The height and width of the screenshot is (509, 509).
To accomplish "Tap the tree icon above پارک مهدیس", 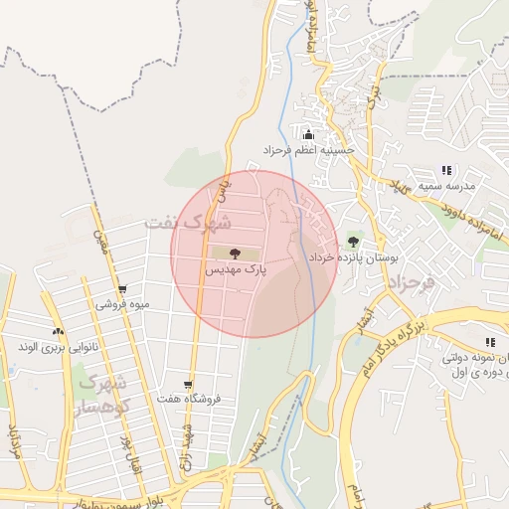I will click(235, 254).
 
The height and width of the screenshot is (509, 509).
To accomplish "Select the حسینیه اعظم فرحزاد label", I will click(308, 149).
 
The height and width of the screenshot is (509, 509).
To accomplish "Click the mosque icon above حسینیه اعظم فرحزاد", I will click(308, 134).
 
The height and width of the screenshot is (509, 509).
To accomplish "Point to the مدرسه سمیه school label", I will click(447, 186).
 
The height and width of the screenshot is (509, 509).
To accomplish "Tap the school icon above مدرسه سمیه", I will click(447, 171).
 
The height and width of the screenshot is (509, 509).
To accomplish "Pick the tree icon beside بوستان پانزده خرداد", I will click(354, 243).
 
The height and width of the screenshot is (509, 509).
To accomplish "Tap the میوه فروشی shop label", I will click(122, 305).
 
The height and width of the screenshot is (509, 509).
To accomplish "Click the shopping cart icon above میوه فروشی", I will click(122, 290).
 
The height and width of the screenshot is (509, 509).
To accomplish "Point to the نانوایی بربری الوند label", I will click(58, 347).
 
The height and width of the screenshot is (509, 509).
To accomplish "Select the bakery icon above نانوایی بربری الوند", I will click(58, 332).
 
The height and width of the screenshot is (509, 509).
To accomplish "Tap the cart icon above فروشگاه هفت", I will click(187, 384).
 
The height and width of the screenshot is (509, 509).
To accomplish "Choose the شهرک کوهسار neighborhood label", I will click(102, 395).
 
